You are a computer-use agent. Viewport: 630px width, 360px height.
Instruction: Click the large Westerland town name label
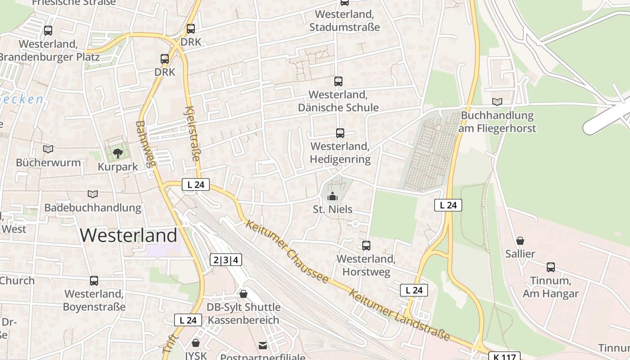click(x=129, y=235)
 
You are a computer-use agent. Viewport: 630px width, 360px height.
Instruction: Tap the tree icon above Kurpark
click(x=118, y=153)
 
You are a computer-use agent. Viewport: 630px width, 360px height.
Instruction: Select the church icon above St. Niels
click(x=333, y=196)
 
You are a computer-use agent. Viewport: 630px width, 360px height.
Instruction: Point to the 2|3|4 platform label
click(x=226, y=260)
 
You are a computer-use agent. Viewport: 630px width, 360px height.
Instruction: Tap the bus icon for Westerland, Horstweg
click(x=366, y=246)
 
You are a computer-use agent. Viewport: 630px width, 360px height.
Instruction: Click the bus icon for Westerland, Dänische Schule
click(x=338, y=81)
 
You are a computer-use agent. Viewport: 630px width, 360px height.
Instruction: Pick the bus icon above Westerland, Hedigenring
click(x=340, y=133)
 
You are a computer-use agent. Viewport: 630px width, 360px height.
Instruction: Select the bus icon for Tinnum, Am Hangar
click(x=551, y=267)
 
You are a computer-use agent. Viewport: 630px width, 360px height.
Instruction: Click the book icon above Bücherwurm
click(x=48, y=149)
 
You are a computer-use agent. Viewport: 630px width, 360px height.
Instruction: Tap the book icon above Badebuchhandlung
click(x=93, y=194)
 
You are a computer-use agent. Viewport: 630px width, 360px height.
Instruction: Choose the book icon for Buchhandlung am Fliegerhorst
click(x=497, y=102)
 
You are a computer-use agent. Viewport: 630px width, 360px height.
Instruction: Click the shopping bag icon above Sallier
click(x=520, y=241)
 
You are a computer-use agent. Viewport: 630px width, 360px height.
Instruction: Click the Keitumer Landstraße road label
click(x=399, y=315)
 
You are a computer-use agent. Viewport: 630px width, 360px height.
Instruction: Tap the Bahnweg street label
click(x=146, y=143)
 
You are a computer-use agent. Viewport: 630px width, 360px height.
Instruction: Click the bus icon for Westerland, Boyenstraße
click(x=94, y=281)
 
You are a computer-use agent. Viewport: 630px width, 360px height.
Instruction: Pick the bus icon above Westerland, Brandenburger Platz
click(x=48, y=31)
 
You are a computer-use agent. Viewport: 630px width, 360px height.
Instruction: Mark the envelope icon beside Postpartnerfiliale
click(x=263, y=346)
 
